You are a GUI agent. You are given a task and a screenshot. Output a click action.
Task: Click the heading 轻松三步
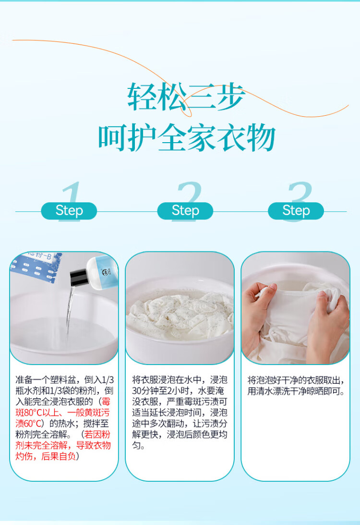(186, 97)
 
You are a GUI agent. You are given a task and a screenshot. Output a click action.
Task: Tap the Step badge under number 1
(69, 211)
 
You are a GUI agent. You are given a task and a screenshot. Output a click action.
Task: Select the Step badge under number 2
(185, 211)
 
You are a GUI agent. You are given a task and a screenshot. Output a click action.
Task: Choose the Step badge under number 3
(296, 211)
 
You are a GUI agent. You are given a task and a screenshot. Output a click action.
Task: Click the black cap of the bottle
(78, 277)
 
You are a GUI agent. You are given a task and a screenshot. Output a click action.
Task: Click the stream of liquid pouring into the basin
(70, 311)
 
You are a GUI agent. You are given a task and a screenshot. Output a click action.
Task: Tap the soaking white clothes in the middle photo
(180, 313)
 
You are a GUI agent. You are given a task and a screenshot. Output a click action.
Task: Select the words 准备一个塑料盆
(46, 379)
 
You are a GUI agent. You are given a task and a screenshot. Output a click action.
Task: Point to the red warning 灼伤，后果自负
(46, 456)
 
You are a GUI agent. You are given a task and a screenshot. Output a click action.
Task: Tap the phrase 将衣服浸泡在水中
(167, 379)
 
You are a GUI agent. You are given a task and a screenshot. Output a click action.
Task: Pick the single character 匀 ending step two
(136, 445)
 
